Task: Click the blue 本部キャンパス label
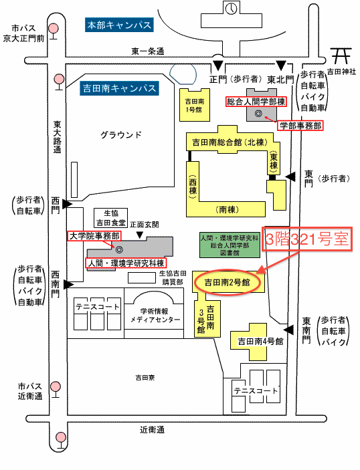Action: point(119,25)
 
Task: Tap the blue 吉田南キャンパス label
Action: point(119,88)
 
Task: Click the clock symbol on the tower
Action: point(232,8)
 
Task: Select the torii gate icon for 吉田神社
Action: point(341,55)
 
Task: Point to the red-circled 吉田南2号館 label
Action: point(227,282)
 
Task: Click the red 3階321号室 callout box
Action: point(307,239)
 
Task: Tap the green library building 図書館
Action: point(230,245)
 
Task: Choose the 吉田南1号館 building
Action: point(195,105)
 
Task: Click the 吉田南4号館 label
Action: point(260,341)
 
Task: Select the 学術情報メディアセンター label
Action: point(155,316)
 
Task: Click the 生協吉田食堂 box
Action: point(110,218)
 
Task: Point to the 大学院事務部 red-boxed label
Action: point(94,236)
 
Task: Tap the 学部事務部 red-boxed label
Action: point(300,126)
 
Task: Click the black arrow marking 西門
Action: point(67,204)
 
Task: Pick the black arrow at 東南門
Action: point(288,330)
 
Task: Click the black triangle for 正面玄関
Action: point(139,235)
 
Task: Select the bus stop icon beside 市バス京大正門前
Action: point(54,31)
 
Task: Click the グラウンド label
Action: point(120,135)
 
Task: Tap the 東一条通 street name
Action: point(148,51)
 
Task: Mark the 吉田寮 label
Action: point(145,377)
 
